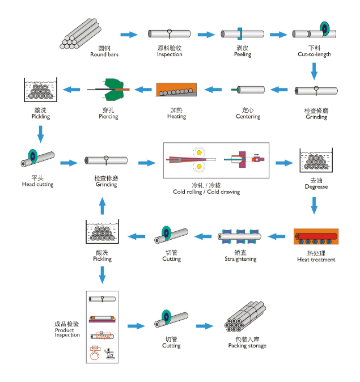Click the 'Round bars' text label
(x=104, y=55)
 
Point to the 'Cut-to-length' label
(x=314, y=54)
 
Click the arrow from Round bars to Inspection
(x=129, y=35)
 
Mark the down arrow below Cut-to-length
(x=314, y=70)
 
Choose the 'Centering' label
(x=248, y=117)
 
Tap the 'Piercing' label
(x=108, y=117)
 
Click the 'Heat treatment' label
(x=316, y=260)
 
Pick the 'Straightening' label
(x=240, y=259)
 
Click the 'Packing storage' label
(x=247, y=346)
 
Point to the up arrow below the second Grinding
(x=102, y=206)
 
